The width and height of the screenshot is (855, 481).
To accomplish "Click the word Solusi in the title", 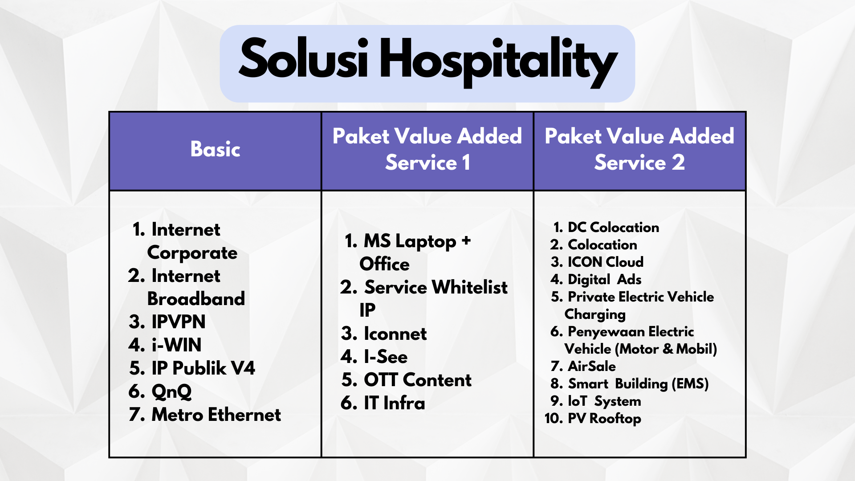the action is pos(303,58).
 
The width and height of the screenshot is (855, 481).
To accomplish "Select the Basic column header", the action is pos(216,149).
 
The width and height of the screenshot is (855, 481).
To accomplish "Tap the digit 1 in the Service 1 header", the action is pos(466,162).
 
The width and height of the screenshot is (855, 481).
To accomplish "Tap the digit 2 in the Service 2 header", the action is pos(678,162).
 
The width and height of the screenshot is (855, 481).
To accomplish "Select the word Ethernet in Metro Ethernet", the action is pos(244,414).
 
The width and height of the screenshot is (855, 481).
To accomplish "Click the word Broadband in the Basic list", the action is pos(196,298).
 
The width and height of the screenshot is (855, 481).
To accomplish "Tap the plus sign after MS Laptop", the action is pos(466,240).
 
